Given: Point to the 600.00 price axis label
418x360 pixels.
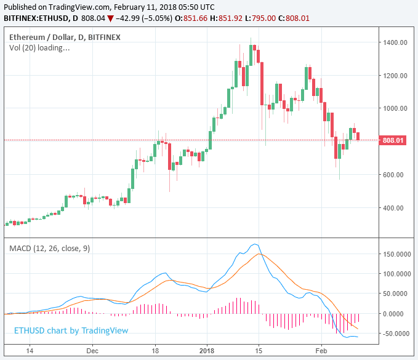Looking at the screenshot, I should (395, 175).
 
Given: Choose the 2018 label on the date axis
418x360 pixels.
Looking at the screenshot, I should (207, 352).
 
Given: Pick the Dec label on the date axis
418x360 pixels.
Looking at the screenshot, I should (92, 352).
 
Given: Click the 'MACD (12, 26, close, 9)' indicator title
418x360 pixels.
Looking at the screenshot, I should (49, 248).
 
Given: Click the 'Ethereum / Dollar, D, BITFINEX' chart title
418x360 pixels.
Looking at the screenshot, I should (65, 37).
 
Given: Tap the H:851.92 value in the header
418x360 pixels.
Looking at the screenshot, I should (224, 18).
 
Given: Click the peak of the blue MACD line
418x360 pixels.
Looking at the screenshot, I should (255, 244).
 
